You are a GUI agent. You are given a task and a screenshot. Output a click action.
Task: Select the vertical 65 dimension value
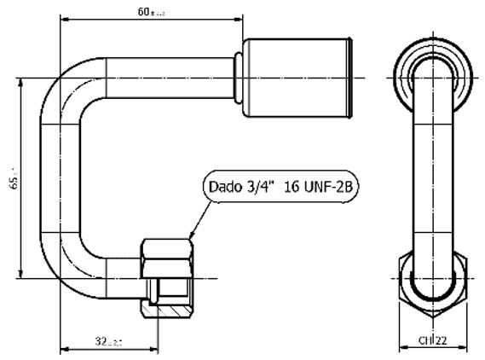[9, 177]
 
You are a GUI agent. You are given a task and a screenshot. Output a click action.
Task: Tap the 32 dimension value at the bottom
[107, 341]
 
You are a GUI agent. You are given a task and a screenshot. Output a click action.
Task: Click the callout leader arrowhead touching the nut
[192, 235]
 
